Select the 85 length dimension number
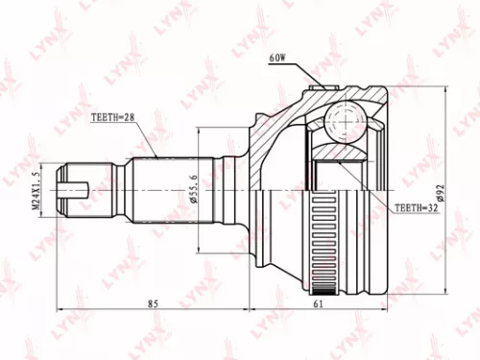[155, 303]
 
